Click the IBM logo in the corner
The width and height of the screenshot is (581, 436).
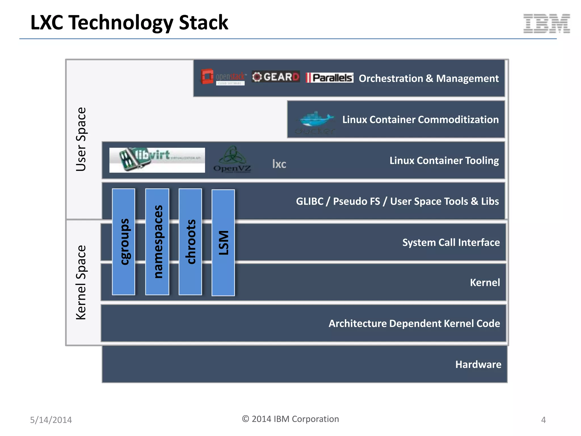[546, 24]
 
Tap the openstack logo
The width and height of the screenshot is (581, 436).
[223, 77]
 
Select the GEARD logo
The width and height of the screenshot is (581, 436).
[275, 77]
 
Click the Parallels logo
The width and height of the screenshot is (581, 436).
[329, 77]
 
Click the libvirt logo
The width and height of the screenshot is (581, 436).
[157, 160]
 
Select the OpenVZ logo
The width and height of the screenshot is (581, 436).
[232, 160]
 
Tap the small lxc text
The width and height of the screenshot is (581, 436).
[279, 164]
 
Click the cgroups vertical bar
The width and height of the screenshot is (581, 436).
[124, 242]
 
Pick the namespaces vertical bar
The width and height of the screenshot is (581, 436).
[157, 242]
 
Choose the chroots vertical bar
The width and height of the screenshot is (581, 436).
[190, 242]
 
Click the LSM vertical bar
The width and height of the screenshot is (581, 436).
[223, 243]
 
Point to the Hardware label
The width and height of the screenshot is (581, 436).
[478, 364]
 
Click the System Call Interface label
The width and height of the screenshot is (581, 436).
[451, 242]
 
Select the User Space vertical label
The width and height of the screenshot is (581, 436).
[81, 139]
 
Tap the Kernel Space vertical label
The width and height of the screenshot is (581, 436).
[81, 282]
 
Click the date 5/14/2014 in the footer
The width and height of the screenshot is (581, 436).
[51, 420]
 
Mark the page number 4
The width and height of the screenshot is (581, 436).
[543, 420]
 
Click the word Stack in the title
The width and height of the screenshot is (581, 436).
[203, 22]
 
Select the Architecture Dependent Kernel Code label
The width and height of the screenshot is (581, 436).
[414, 324]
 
